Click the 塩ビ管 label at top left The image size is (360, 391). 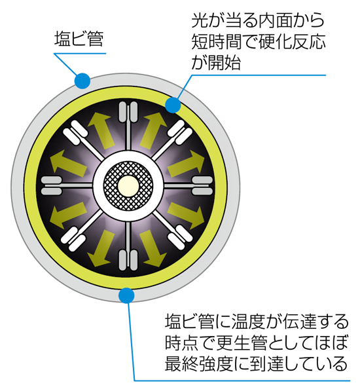click(79, 39)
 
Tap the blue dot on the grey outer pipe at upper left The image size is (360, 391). click(82, 81)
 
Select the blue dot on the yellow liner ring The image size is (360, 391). click(173, 105)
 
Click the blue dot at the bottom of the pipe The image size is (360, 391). click(126, 295)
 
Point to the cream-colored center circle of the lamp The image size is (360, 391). click(128, 185)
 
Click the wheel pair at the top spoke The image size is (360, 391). click(128, 111)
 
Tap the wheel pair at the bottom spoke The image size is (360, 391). click(128, 260)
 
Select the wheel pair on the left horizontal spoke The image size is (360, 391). click(51, 185)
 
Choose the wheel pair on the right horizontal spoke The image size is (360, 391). click(202, 185)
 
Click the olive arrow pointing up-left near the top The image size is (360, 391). click(101, 130)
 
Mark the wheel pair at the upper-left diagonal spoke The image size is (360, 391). click(75, 133)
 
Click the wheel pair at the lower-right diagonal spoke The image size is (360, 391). click(180, 238)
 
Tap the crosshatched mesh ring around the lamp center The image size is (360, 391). click(112, 185)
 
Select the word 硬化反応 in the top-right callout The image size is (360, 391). click(292, 41)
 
